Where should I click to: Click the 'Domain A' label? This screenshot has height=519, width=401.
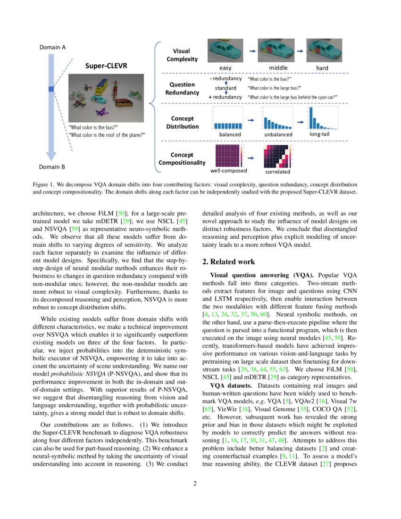(52, 47)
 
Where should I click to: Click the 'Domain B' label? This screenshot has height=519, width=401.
(52, 167)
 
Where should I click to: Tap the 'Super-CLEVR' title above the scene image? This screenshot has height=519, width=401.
(105, 66)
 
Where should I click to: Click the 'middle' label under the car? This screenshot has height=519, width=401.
(278, 68)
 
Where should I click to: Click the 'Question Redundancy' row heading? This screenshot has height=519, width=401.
(182, 88)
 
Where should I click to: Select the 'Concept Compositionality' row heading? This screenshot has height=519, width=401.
(182, 159)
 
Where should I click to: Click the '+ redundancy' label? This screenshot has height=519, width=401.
(225, 97)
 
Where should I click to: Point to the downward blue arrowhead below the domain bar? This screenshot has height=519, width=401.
(52, 156)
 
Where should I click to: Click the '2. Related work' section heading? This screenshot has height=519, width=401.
(228, 262)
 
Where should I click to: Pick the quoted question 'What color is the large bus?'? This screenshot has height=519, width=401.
(275, 88)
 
